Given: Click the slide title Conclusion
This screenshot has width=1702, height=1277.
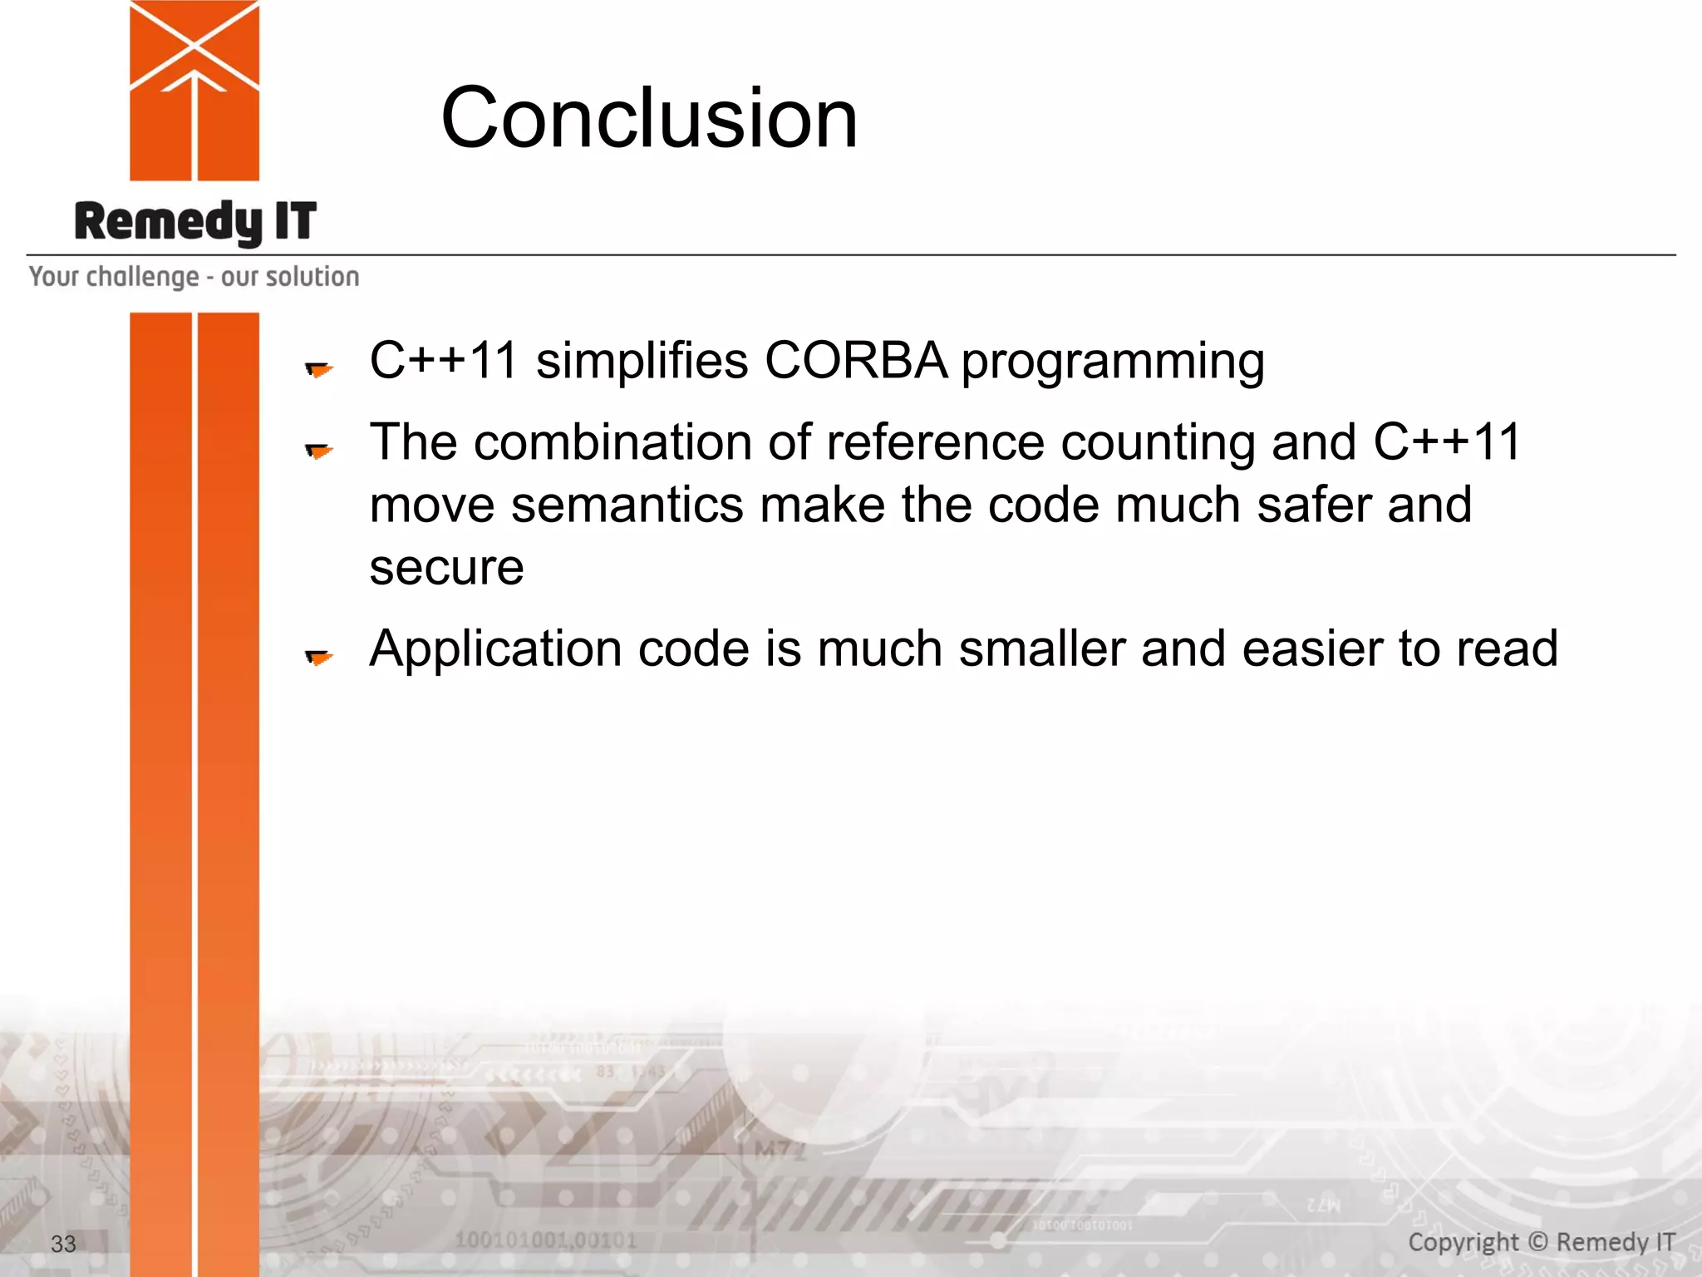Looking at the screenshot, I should click(x=648, y=118).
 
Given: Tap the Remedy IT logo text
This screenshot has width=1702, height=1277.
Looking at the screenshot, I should click(x=195, y=222).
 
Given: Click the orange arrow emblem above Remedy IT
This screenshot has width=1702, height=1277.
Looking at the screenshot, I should click(x=194, y=90).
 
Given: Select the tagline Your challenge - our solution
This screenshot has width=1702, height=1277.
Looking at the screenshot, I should click(x=194, y=277).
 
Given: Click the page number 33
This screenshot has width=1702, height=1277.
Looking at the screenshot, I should click(x=63, y=1244).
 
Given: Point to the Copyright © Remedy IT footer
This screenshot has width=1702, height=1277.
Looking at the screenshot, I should click(x=1541, y=1242).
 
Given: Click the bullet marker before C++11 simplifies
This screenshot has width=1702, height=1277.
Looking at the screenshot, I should click(x=318, y=368).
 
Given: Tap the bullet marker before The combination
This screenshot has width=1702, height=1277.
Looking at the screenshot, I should click(x=318, y=450).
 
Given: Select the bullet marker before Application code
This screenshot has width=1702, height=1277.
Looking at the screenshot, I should click(x=318, y=657).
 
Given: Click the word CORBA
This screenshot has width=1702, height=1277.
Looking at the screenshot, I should click(x=855, y=361).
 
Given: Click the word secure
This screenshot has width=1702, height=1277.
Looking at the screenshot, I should click(x=446, y=569).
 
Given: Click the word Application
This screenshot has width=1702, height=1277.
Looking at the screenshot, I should click(x=495, y=649).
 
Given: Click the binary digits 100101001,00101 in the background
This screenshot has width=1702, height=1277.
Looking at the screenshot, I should click(x=545, y=1241).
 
